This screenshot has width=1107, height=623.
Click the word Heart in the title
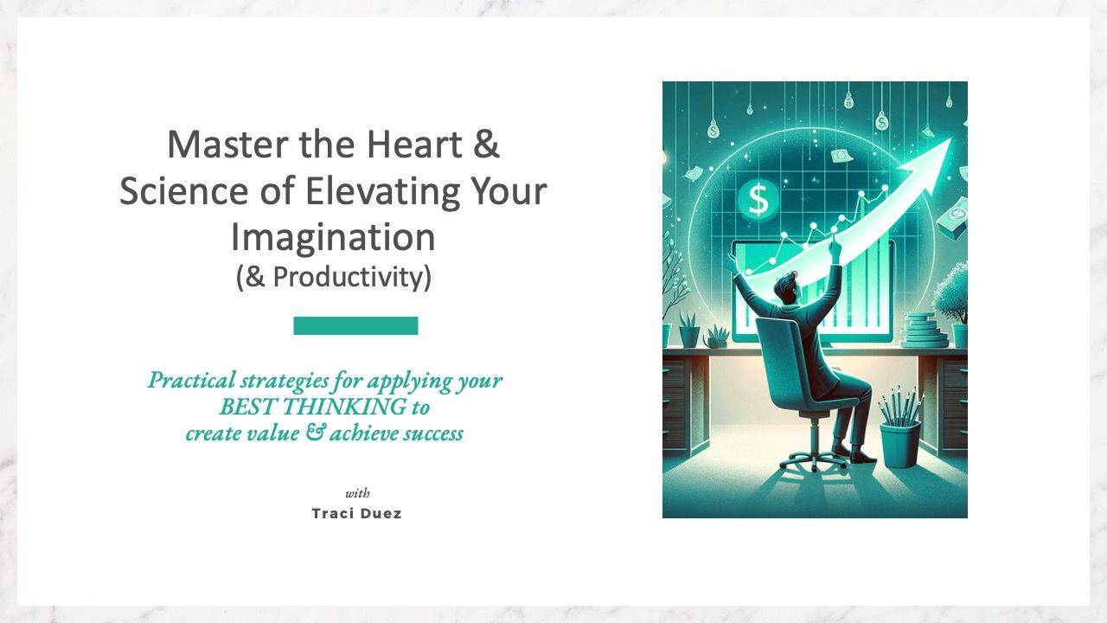coord(414,144)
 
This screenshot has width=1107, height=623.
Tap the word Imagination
coord(333,237)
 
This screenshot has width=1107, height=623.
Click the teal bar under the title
coord(355,325)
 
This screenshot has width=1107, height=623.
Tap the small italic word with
coord(357,493)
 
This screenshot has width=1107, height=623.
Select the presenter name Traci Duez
coord(356,513)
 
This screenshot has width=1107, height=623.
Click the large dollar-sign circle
coord(758,200)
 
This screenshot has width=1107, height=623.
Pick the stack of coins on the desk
coord(924,331)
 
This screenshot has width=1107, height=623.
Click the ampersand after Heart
coord(487,144)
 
